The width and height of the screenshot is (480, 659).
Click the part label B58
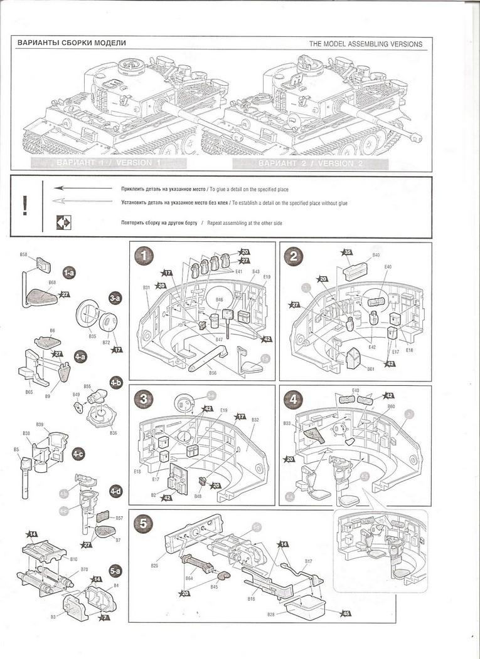click(x=23, y=255)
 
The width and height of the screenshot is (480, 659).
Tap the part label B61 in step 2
click(x=371, y=369)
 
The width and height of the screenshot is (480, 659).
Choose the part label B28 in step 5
click(x=270, y=615)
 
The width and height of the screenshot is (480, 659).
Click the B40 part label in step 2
click(x=376, y=255)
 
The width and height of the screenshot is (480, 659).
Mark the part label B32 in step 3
click(x=255, y=420)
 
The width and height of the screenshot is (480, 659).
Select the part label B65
click(x=29, y=391)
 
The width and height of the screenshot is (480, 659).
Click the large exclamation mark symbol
click(x=24, y=205)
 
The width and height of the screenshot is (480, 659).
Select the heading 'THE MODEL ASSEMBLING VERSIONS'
click(x=366, y=44)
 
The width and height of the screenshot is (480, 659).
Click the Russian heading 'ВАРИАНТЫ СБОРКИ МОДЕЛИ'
click(x=72, y=43)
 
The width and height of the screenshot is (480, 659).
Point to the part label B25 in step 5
click(x=154, y=566)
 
